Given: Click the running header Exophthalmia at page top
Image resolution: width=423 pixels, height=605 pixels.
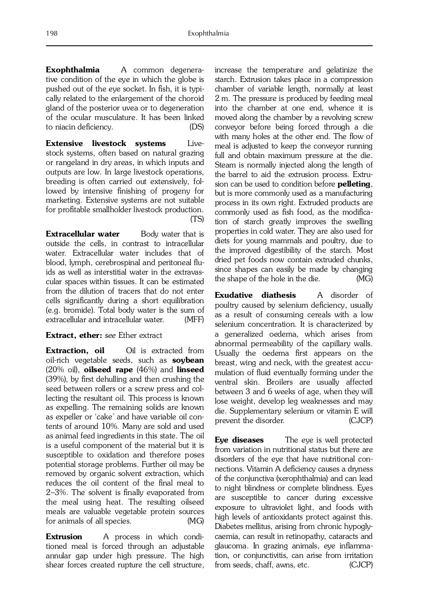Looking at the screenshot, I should point(208,33).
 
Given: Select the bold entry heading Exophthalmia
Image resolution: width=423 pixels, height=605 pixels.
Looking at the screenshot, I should point(72,70).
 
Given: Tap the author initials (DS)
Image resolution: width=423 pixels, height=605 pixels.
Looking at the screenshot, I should point(197,127).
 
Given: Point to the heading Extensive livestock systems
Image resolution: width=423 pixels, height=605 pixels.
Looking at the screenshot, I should point(105,143).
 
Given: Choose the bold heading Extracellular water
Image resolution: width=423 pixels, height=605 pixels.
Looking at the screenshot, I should point(83,234).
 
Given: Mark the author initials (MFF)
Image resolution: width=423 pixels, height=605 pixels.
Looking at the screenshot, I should point(194,320).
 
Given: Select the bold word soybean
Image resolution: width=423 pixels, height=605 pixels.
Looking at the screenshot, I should point(188,360).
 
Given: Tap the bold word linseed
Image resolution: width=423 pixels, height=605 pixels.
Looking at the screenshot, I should point(190,370).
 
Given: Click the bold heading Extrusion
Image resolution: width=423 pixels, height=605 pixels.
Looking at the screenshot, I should point(64,537).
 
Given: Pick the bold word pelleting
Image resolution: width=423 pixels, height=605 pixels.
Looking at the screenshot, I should point(355,184).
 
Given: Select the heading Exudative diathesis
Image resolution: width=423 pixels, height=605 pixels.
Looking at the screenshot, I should point(255,295).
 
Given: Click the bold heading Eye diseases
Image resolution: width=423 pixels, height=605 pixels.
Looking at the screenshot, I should point(239,440).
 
